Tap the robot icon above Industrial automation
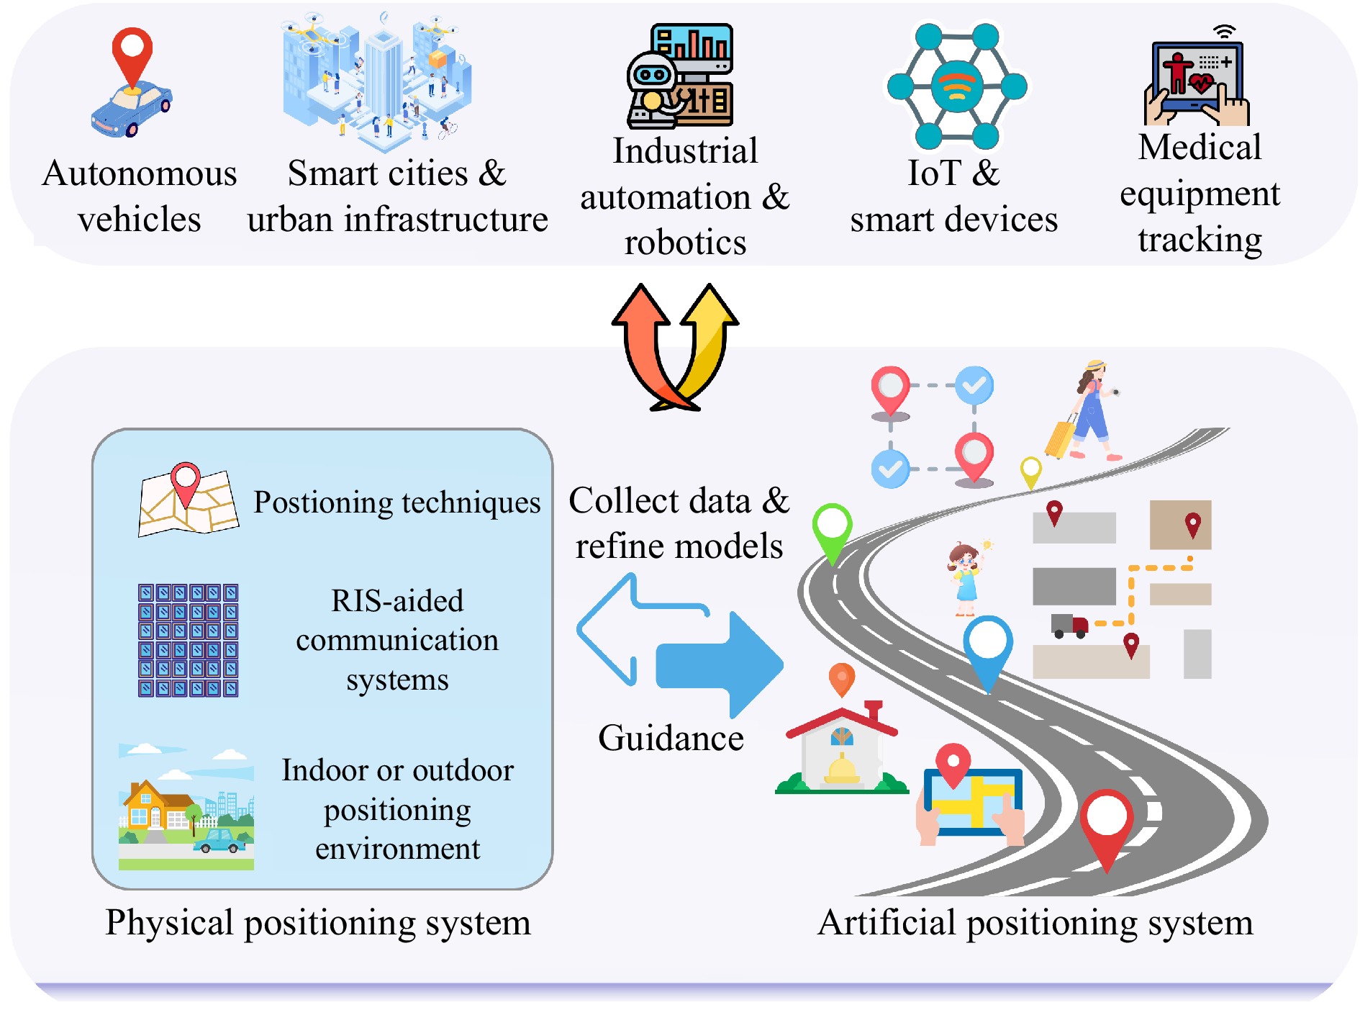tap(655, 90)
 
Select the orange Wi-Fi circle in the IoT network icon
tap(956, 86)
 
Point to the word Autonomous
tap(140, 173)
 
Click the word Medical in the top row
tap(1200, 148)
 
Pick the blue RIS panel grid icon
tap(188, 640)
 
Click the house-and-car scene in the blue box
tap(186, 808)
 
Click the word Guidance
tap(671, 738)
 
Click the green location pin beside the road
tap(833, 533)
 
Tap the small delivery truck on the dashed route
tap(1069, 625)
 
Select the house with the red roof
tap(842, 749)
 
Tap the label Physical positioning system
tap(318, 922)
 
